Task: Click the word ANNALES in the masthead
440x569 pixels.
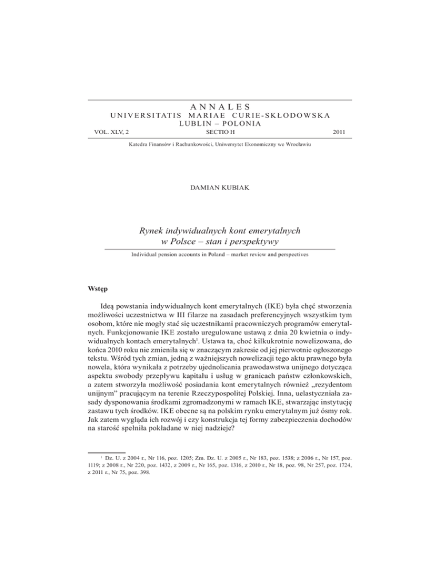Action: (x=219, y=105)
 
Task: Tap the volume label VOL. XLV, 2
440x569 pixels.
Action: (x=111, y=132)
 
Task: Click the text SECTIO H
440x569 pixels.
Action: (x=219, y=132)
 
